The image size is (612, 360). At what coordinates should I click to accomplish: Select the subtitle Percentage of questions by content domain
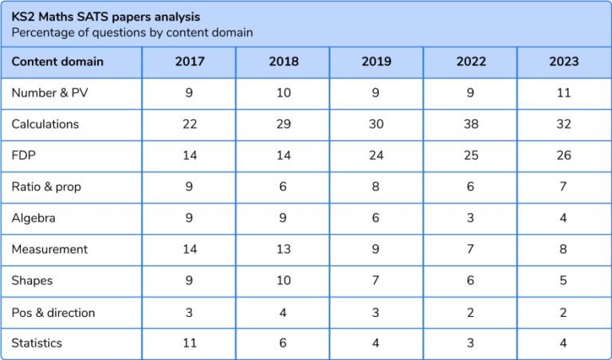coord(132,33)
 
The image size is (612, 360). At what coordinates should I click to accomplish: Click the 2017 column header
coord(190,61)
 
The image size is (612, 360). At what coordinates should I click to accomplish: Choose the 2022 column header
coord(470,61)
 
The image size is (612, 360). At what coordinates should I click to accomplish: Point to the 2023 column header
coord(563,61)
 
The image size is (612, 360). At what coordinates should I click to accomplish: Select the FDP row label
coord(23,155)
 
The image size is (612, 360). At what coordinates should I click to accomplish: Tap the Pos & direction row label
coord(53,312)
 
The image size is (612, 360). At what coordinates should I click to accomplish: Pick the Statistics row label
coord(37,343)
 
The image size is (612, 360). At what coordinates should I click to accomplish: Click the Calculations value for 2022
coord(470,124)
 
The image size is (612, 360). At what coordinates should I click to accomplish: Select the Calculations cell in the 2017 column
coord(190,124)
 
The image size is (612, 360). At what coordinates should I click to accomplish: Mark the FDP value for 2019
coord(376,155)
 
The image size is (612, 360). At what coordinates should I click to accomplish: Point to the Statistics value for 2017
coord(190,343)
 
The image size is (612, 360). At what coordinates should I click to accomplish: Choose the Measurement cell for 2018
coord(283,249)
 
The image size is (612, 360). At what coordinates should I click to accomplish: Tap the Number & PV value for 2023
coord(563,93)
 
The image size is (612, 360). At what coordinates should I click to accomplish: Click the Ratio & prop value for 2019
coord(376,187)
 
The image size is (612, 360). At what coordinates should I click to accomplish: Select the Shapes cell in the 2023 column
coord(563,280)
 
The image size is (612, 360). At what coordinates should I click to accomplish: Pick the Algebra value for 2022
coord(470,218)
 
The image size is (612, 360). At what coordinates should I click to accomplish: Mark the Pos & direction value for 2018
coord(283,312)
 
